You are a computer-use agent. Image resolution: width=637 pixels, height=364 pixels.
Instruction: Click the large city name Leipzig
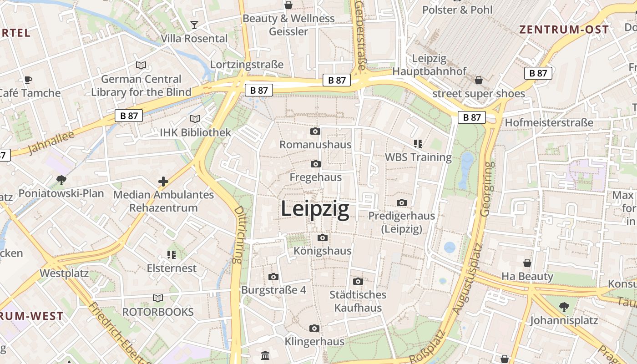coord(315,209)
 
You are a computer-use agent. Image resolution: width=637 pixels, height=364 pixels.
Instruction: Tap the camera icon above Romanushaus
coord(315,131)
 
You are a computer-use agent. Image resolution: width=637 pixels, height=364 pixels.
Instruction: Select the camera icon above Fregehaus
coord(315,164)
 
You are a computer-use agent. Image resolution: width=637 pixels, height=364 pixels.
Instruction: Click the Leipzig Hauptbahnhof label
coord(430,65)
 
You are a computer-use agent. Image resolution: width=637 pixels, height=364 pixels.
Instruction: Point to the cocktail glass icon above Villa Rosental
coord(194,25)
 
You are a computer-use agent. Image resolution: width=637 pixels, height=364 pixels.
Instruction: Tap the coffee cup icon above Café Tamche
coord(28,80)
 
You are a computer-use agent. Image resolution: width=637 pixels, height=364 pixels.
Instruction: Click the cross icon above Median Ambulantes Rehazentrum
coord(163,182)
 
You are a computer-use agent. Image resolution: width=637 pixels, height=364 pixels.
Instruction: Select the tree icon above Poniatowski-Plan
coord(61,180)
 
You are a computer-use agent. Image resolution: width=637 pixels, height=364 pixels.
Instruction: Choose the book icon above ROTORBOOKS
coord(157,298)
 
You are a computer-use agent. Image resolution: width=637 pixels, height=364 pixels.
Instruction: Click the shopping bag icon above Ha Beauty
coord(527,263)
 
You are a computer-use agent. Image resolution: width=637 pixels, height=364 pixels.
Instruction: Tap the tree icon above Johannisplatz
coord(564,307)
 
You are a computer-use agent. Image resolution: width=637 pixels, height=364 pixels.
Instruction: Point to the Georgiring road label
coord(486,188)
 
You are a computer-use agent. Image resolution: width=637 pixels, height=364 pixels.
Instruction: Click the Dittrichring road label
coord(238,235)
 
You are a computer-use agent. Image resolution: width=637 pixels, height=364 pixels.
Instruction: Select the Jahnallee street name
coord(51,143)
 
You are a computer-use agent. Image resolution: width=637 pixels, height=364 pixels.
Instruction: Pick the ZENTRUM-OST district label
coord(564,30)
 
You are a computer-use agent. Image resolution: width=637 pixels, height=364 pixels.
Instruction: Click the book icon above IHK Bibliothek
coord(195,119)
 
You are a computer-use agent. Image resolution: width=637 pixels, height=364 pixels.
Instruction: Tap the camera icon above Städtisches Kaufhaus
coord(358,281)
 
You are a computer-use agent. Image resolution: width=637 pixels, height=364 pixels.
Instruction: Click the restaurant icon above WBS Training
coord(418,144)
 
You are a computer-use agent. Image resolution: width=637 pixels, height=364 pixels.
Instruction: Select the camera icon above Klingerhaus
coord(314,328)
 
